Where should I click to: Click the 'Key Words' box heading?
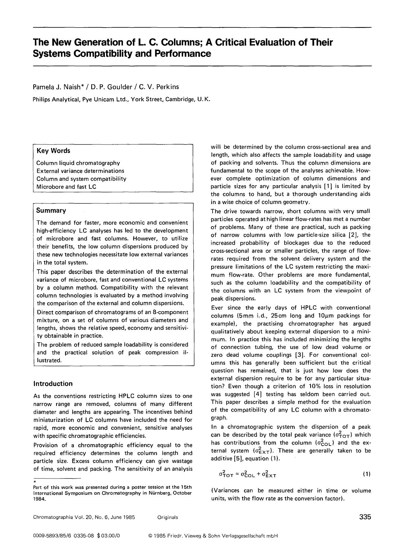pos(53,151)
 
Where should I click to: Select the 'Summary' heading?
pos(51,210)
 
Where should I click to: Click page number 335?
pos(365,517)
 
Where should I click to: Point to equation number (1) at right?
pos(366,474)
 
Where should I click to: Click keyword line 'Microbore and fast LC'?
pos(66,187)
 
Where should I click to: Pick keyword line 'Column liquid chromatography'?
pos(78,163)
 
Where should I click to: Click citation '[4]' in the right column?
pos(257,394)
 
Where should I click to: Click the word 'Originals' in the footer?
pos(167,517)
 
